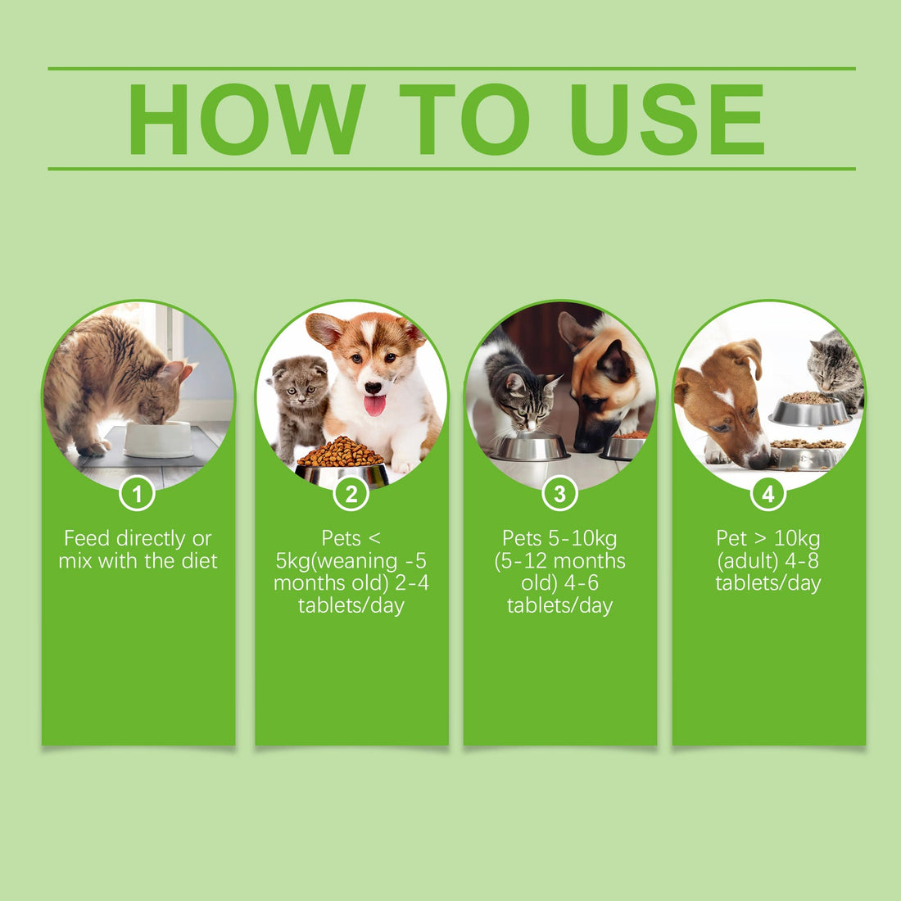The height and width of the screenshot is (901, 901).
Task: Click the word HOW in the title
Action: tap(246, 120)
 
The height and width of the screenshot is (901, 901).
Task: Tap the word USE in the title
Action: tap(668, 120)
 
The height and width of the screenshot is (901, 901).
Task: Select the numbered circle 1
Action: tap(137, 494)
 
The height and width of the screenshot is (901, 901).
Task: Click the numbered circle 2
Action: tap(351, 494)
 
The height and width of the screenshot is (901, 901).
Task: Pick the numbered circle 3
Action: tap(560, 494)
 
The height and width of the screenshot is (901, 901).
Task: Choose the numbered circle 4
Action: tap(768, 494)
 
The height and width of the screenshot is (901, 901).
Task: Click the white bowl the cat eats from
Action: tap(158, 440)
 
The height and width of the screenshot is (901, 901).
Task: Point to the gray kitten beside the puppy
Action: tap(300, 401)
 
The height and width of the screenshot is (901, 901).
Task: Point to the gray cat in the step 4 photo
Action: tap(834, 369)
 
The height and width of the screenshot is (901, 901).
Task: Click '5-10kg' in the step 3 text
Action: tap(582, 538)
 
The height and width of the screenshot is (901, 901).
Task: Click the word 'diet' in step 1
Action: tap(200, 560)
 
